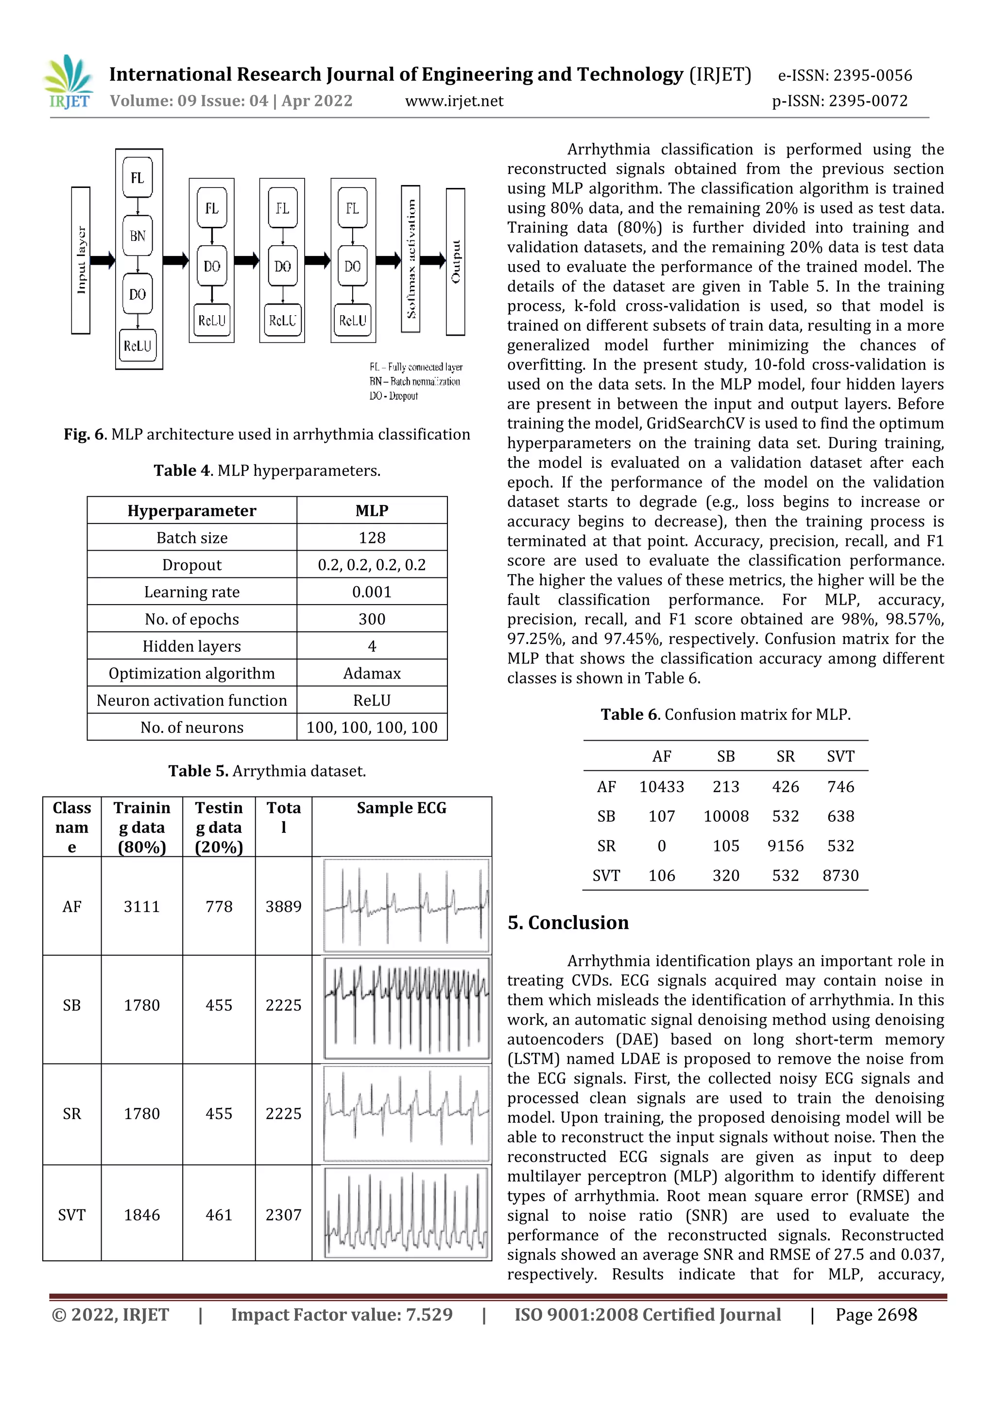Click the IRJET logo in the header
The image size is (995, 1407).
68,82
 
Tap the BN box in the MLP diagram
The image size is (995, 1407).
137,236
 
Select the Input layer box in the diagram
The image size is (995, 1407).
81,260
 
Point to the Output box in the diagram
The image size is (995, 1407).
456,262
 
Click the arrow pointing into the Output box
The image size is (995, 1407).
433,260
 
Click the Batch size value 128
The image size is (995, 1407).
372,538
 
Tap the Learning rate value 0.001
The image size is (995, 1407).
372,592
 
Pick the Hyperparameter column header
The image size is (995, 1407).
192,510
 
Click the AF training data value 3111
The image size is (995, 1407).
141,906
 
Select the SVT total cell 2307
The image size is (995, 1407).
283,1215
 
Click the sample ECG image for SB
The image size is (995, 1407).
407,1009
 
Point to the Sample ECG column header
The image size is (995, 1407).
402,808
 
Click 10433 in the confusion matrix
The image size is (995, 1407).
662,786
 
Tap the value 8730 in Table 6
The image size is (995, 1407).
841,875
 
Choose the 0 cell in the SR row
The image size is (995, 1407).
662,846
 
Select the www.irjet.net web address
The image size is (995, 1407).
454,101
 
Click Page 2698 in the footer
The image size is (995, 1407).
876,1314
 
